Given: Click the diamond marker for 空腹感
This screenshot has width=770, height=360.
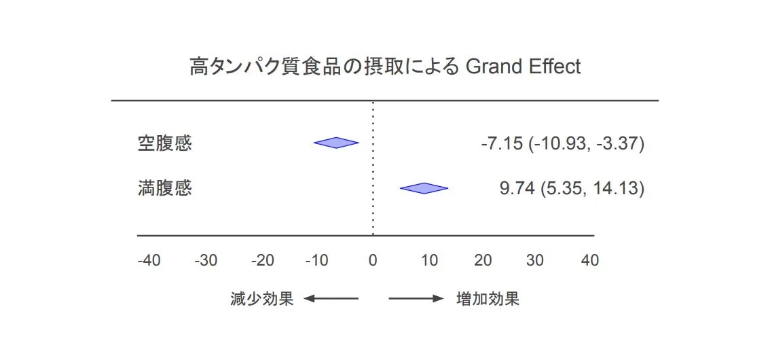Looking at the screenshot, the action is click(336, 143).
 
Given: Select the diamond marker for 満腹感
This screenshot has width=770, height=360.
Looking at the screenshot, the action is click(424, 188).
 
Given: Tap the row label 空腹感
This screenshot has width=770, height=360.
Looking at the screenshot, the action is click(164, 143).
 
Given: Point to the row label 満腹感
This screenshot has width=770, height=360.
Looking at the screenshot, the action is click(164, 189).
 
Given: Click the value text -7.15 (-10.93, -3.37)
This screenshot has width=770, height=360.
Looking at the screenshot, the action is click(562, 144).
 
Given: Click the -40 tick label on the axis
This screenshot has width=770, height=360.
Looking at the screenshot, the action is click(149, 261).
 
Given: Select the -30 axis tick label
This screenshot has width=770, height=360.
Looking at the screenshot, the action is click(206, 261).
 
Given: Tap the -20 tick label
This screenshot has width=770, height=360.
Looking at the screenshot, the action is click(262, 261).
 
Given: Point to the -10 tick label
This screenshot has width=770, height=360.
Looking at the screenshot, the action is click(316, 261).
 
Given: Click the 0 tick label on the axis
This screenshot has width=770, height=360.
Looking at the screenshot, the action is click(373, 261).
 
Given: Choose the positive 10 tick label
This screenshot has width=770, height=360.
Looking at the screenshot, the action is click(429, 261).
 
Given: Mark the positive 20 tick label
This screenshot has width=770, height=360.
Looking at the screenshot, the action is click(483, 261).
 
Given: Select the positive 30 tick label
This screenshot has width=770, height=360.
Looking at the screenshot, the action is click(535, 261).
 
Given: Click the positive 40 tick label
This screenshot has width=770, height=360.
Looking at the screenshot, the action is click(590, 261).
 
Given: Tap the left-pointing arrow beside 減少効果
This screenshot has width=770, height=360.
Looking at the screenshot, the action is click(331, 299).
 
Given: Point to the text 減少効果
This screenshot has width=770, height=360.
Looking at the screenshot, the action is click(261, 299).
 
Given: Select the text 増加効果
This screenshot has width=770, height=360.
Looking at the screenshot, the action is click(488, 299).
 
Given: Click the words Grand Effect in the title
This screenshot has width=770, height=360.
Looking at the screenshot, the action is click(523, 67).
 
